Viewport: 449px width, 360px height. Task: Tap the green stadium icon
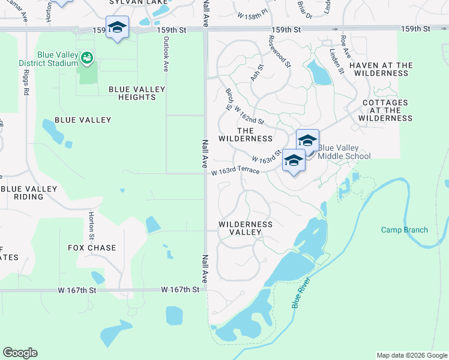pos(87,58)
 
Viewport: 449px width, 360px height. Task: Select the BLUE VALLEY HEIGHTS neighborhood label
pos(137,94)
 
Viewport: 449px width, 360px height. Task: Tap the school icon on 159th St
pos(117,27)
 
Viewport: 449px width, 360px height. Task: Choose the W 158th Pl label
pos(252,15)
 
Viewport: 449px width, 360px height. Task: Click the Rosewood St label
pos(279,52)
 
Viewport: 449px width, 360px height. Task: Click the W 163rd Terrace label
pos(235,172)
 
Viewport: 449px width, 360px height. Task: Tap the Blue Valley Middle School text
pos(344,152)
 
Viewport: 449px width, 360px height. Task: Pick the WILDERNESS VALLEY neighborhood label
pos(246,229)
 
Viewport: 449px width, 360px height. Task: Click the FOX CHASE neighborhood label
pos(92,248)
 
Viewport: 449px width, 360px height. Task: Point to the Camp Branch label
pos(405,230)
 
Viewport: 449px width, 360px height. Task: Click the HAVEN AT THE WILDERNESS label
pos(381,69)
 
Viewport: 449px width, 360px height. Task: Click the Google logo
pos(20,353)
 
